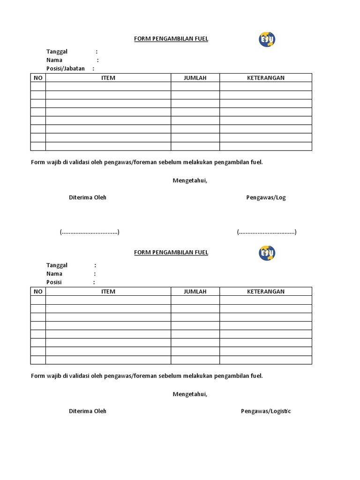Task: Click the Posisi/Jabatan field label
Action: [x=66, y=68]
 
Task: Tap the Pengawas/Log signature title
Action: [x=266, y=197]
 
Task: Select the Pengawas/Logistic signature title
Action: [x=266, y=411]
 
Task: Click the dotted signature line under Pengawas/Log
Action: [x=266, y=232]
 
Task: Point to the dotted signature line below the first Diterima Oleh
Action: [x=89, y=232]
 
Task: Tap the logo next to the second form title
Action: [x=267, y=253]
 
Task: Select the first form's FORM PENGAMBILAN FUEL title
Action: [x=171, y=39]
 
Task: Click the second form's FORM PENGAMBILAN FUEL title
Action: [x=171, y=252]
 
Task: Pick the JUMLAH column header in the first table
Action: [x=195, y=78]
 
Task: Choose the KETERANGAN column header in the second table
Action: [x=266, y=292]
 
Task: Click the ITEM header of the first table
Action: [x=108, y=78]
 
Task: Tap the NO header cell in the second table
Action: [x=38, y=292]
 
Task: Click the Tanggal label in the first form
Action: [x=57, y=52]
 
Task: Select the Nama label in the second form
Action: [x=54, y=274]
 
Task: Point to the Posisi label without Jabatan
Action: [x=54, y=282]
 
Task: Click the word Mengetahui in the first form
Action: [x=189, y=180]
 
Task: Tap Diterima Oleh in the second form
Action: [x=88, y=411]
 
